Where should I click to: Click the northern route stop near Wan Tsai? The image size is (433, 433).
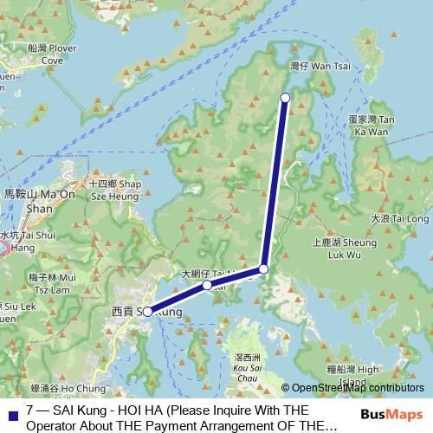285,98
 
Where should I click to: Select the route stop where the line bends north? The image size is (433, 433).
264,269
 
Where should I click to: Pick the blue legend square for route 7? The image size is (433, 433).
11,413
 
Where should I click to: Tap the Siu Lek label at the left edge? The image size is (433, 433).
17,307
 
